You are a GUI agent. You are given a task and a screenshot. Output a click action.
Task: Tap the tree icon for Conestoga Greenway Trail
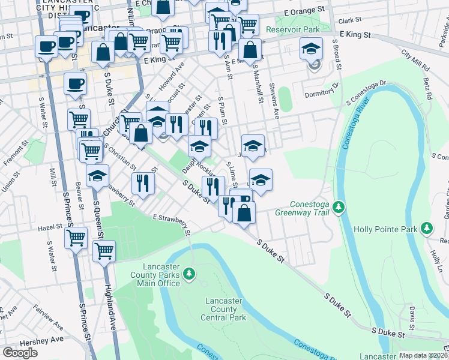[339, 207]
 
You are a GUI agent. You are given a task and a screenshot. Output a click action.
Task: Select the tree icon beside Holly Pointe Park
[426, 228]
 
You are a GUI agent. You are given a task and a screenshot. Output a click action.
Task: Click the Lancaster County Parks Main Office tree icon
[190, 274]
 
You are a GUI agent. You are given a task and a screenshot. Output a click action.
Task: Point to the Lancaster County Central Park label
[225, 309]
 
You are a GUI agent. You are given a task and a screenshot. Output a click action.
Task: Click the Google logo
[20, 353]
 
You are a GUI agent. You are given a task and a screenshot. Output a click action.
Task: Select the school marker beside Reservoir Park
[312, 50]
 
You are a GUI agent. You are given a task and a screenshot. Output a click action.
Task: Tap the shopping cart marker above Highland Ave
[104, 250]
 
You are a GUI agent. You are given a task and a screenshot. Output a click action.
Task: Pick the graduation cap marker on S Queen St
[97, 176]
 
